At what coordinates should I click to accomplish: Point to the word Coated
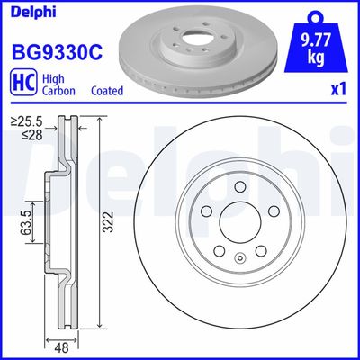point(106,92)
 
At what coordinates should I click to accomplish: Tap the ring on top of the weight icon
point(318,15)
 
